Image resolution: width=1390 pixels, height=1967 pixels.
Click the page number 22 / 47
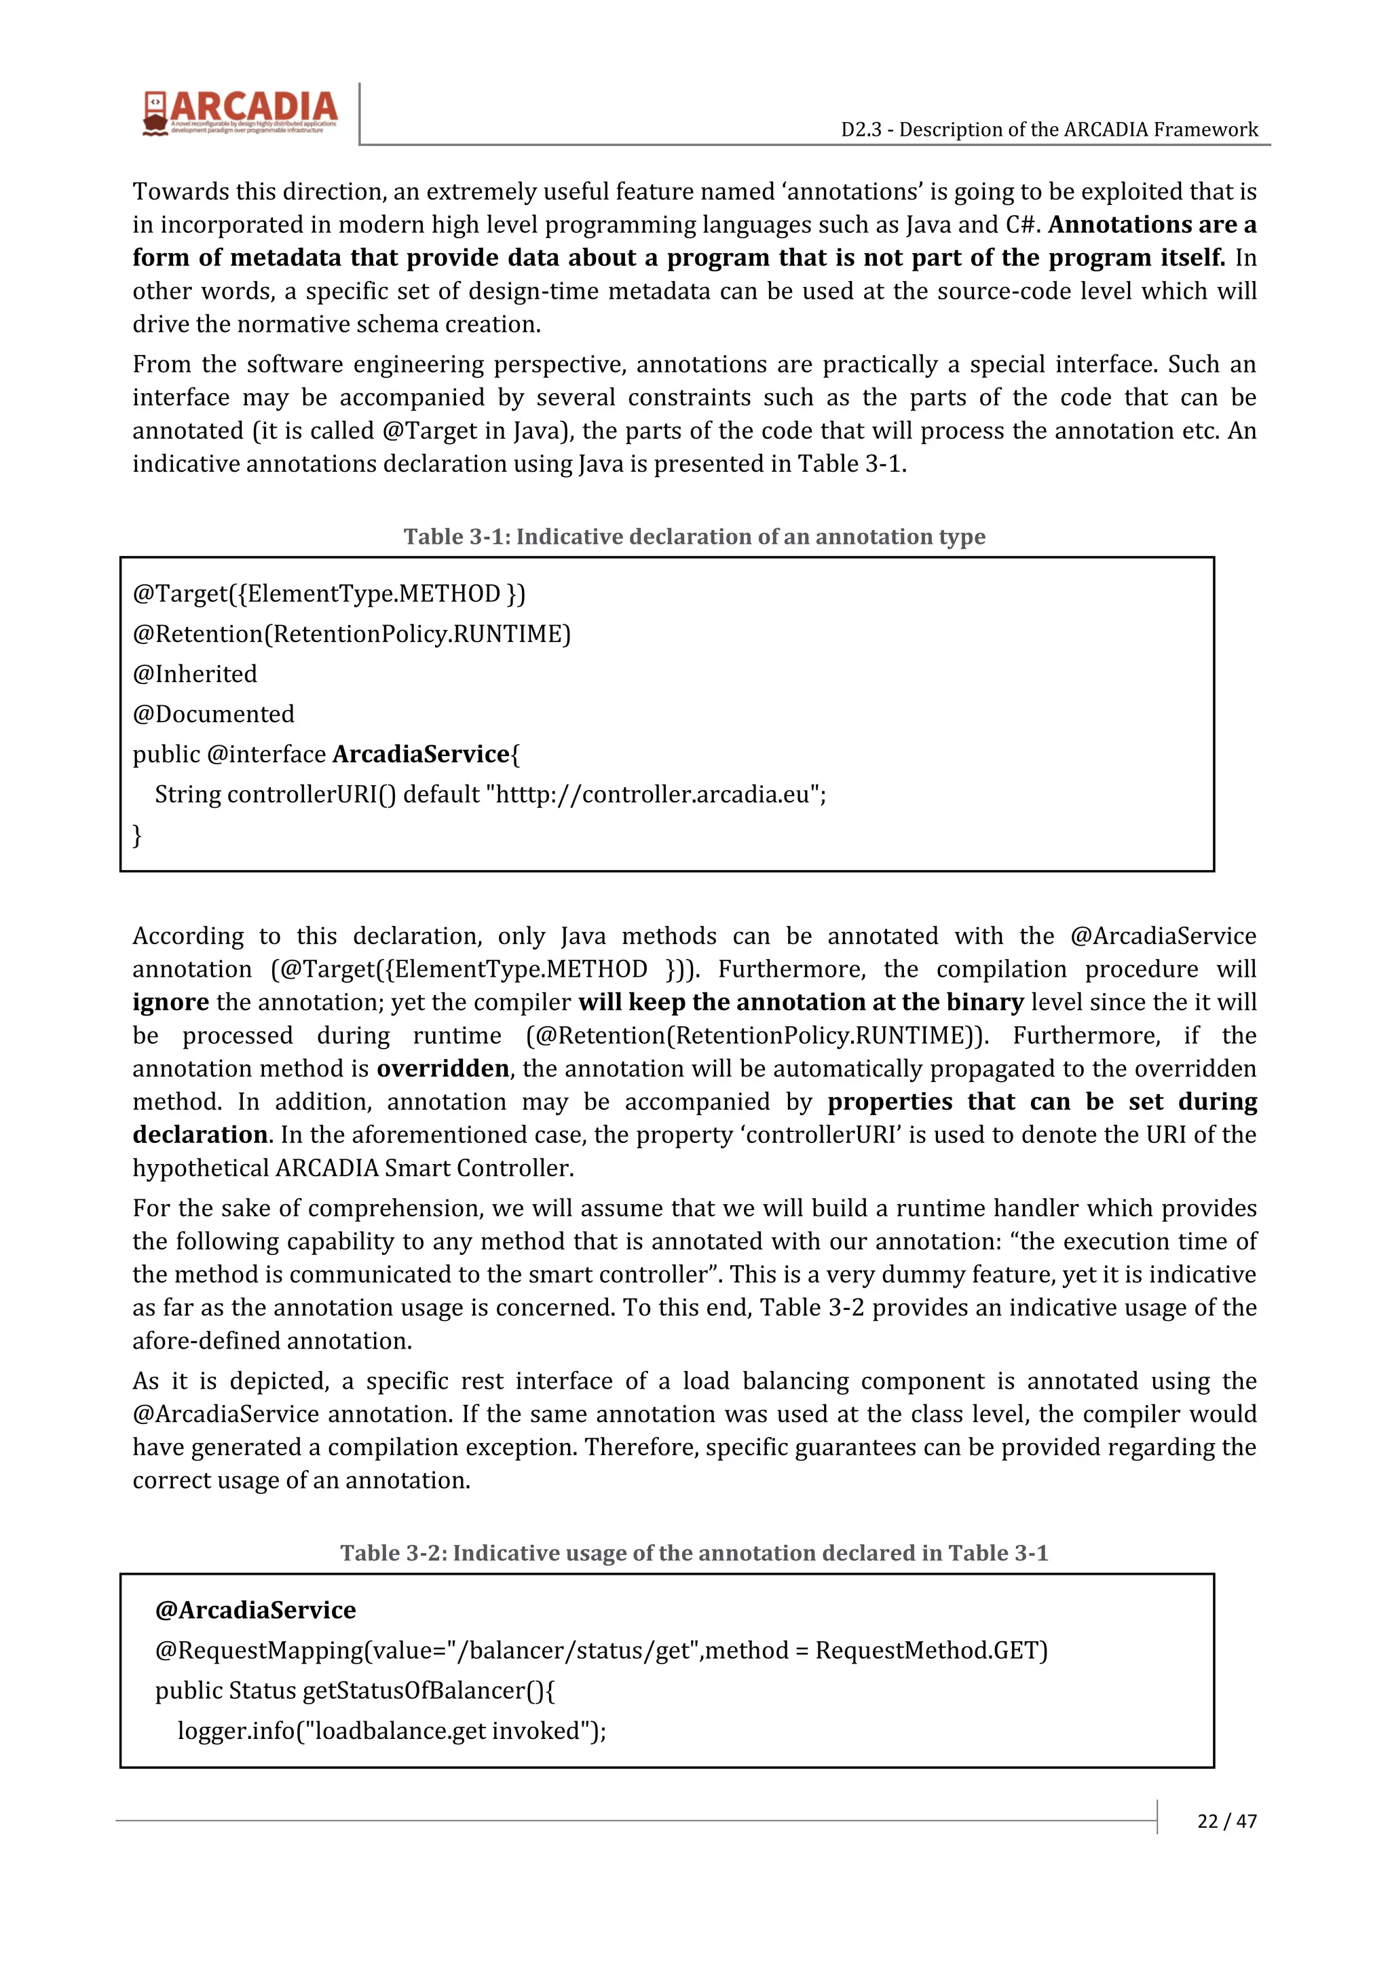(1226, 1820)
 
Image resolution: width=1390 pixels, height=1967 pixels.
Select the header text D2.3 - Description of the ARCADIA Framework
(1049, 130)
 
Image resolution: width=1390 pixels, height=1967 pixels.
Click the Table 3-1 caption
(694, 536)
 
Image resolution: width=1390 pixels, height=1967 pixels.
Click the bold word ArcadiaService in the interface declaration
(421, 754)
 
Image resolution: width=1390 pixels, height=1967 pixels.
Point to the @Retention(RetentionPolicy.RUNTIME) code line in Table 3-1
(351, 634)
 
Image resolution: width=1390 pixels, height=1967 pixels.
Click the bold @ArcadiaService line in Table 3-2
(255, 1610)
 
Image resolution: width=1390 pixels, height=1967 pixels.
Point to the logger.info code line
(392, 1731)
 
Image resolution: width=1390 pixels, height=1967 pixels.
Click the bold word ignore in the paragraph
(170, 1003)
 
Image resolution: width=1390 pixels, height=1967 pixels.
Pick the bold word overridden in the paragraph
(443, 1068)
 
